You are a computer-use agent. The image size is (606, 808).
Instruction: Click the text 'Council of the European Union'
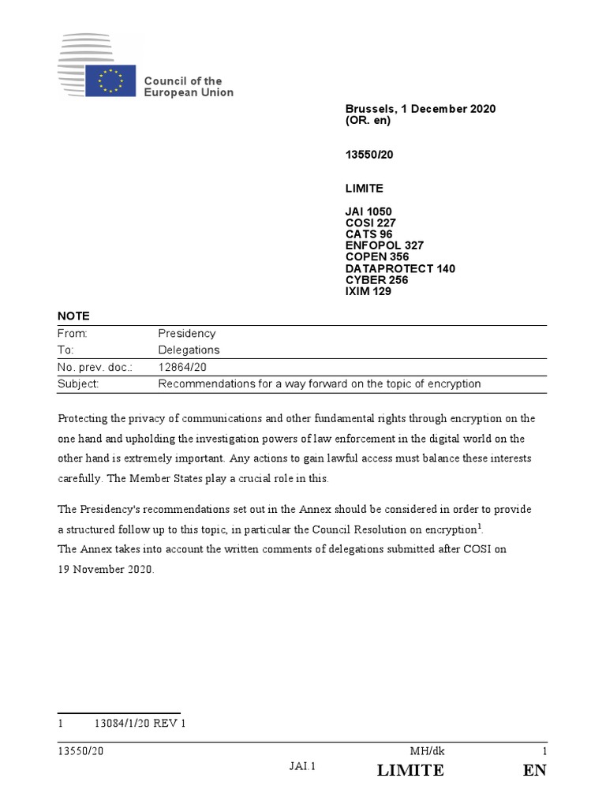188,87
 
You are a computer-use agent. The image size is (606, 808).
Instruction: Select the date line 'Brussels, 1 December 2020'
420,109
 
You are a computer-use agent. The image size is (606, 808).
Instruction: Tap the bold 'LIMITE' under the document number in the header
365,189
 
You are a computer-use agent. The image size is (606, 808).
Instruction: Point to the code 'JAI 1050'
368,211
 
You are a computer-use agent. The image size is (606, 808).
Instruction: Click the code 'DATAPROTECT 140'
400,268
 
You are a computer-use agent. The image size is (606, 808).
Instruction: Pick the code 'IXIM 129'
368,291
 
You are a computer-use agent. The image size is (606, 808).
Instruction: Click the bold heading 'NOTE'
74,316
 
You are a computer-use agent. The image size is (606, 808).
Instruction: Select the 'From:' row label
73,334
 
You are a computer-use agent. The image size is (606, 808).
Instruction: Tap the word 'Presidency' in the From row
187,334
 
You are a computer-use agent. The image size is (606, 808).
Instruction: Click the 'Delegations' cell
189,350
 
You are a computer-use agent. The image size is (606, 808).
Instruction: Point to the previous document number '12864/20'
182,367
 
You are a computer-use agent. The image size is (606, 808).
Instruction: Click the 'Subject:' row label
78,384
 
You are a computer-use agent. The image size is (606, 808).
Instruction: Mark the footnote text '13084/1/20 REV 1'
140,724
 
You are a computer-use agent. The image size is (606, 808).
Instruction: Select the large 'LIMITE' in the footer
410,770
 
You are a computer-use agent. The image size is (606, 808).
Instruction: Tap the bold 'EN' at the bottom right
534,770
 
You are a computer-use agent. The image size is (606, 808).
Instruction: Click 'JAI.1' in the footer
302,765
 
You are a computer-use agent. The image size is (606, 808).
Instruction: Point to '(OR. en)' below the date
368,121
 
